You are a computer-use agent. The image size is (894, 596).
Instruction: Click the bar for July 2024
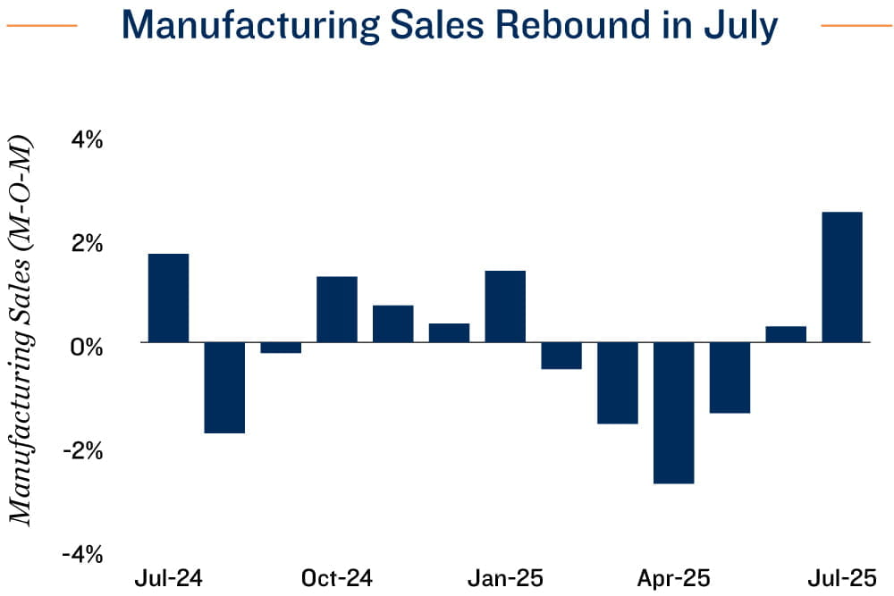coord(168,298)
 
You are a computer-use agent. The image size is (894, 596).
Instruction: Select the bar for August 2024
coord(224,387)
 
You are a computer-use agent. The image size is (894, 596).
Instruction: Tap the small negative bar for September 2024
coord(281,348)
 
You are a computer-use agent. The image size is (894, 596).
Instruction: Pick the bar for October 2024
coord(337,309)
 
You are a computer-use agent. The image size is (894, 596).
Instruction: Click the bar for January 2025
coord(505,306)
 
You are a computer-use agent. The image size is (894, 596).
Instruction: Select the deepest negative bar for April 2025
coord(673,413)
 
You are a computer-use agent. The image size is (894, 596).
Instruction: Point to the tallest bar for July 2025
coord(842,277)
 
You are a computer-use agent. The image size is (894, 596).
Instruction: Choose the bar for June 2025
coord(786,334)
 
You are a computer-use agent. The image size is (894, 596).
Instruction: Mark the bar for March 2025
coord(618,382)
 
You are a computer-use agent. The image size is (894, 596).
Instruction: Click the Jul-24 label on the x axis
coord(168,578)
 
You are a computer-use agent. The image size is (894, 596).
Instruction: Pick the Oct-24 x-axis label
coord(337,578)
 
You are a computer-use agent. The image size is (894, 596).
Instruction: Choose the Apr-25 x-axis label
coord(673,578)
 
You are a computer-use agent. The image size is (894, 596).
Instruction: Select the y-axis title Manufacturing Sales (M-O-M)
coord(20,331)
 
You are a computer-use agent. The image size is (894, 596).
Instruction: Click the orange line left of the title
coord(42,26)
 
